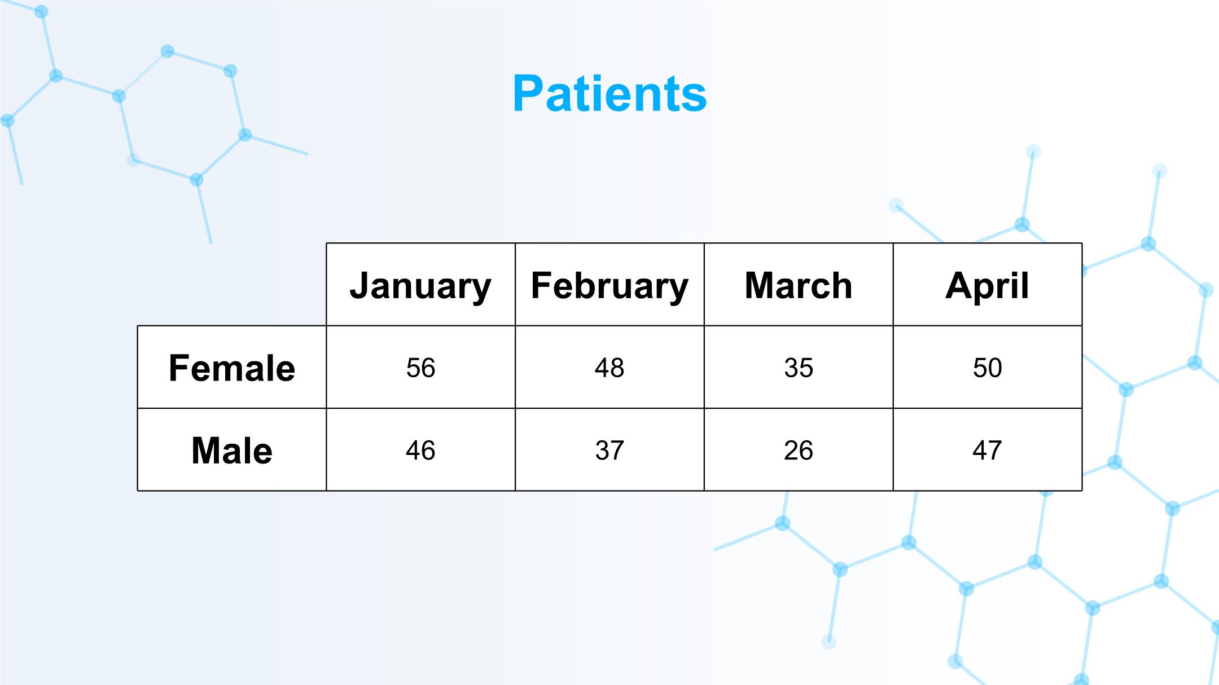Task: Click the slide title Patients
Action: pos(609,94)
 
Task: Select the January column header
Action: pos(420,286)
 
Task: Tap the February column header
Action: pos(609,286)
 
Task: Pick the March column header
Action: pos(799,285)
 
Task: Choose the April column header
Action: pos(987,286)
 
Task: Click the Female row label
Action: pos(232,368)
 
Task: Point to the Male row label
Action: pos(232,450)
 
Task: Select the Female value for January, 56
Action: pos(420,368)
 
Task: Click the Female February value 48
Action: pos(609,368)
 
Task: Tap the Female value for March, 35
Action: pos(799,368)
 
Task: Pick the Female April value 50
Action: pos(987,368)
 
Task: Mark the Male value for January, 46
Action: pos(420,450)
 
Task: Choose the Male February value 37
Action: pos(609,450)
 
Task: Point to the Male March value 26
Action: pos(799,450)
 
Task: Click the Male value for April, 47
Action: pos(987,450)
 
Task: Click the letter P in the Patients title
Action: pos(528,94)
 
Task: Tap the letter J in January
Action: pos(359,285)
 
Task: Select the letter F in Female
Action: pos(179,368)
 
